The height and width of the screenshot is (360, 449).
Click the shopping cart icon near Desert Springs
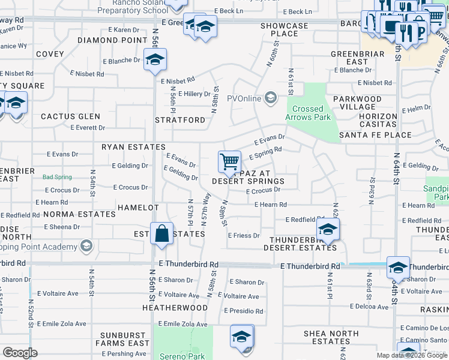tap(229, 161)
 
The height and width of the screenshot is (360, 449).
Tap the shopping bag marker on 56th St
tap(162, 233)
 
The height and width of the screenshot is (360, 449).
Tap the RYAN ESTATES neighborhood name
tap(133, 147)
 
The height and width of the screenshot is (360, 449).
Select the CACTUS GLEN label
tap(70, 116)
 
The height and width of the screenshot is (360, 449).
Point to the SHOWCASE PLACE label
tap(284, 30)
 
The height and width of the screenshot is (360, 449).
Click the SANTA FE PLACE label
tap(375, 135)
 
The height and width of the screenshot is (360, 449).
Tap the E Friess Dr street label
tap(243, 236)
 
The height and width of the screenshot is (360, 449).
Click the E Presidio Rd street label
tap(243, 311)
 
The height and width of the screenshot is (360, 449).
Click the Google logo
tap(20, 353)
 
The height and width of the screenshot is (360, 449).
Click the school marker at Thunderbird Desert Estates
tap(328, 229)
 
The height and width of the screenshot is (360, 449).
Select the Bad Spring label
tap(57, 177)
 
